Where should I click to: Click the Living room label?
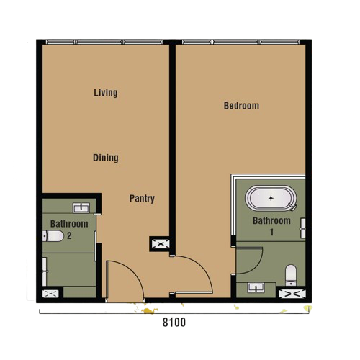point(106,93)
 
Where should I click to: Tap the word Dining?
point(106,158)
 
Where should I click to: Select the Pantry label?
point(142,199)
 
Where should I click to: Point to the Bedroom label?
point(241,106)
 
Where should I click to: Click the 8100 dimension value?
point(174,323)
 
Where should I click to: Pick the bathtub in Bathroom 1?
point(271,198)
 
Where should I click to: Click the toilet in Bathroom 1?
point(291,275)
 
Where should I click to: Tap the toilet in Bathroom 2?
point(53,236)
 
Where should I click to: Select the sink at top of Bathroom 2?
point(81,207)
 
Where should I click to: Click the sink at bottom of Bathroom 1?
point(256,287)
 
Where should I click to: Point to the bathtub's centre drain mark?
point(271,198)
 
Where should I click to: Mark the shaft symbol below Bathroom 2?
point(50,294)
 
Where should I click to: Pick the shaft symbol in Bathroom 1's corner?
point(292,294)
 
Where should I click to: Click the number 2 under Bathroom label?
point(69,236)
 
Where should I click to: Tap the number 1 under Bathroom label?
point(271,233)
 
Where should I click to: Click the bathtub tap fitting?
point(292,207)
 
